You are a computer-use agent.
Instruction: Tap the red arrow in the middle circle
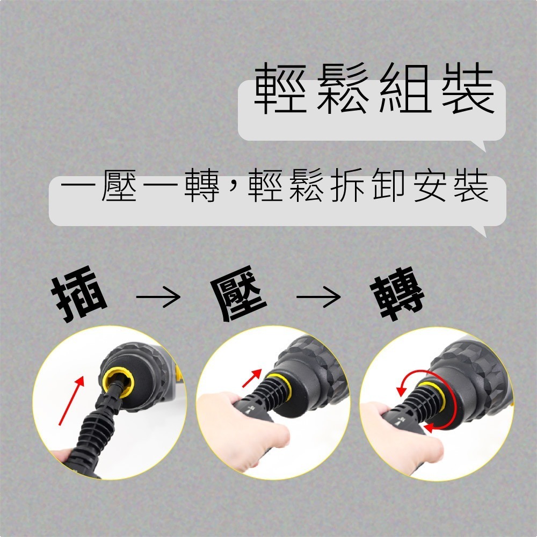pos(252,377)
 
